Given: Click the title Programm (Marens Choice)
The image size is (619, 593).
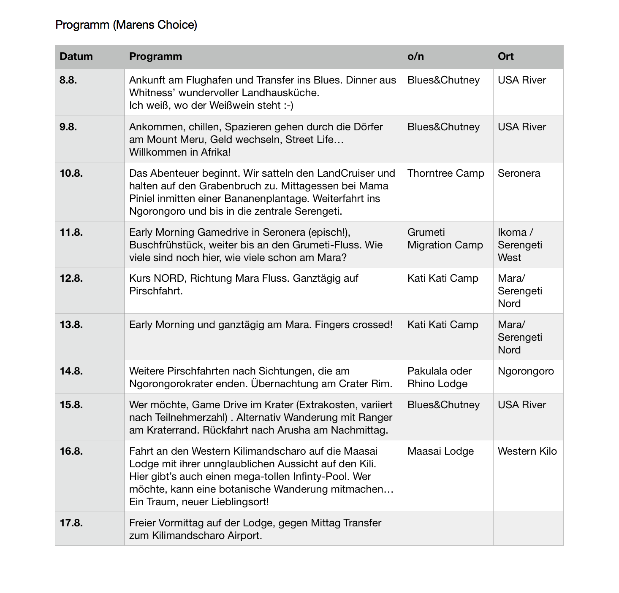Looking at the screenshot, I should pyautogui.click(x=126, y=25).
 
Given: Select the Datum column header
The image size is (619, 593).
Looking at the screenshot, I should pyautogui.click(x=76, y=57).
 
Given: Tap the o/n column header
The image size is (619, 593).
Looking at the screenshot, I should pyautogui.click(x=415, y=57).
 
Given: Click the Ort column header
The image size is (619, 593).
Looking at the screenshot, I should pyautogui.click(x=505, y=57).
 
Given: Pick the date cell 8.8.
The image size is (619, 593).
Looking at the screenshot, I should pyautogui.click(x=68, y=80).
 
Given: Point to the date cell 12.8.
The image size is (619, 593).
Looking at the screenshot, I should pyautogui.click(x=71, y=278).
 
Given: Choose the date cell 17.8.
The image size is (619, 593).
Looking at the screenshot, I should pyautogui.click(x=71, y=523).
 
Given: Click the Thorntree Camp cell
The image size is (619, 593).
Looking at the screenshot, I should pyautogui.click(x=445, y=173).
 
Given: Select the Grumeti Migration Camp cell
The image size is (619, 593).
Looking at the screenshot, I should pyautogui.click(x=445, y=239).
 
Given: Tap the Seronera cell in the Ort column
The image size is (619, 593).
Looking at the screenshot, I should pyautogui.click(x=519, y=173).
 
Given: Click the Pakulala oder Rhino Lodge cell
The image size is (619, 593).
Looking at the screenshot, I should pyautogui.click(x=439, y=377).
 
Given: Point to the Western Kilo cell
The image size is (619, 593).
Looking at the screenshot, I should pyautogui.click(x=527, y=451).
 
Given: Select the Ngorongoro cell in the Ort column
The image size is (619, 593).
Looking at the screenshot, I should pyautogui.click(x=526, y=371).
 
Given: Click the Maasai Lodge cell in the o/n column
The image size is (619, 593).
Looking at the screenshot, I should pyautogui.click(x=440, y=451).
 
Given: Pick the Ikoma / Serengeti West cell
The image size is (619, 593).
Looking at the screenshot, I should pyautogui.click(x=520, y=245).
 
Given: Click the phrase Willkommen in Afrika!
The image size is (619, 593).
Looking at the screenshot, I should pyautogui.click(x=180, y=152).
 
